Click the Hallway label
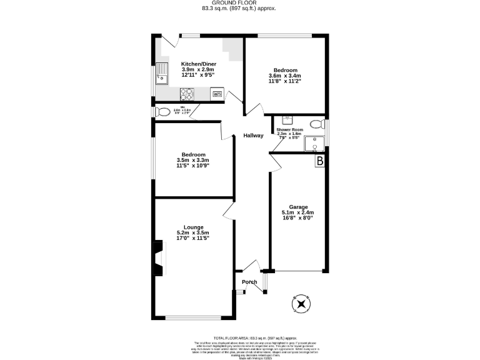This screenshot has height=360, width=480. point(253,136)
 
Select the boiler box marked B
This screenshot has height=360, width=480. point(320,161)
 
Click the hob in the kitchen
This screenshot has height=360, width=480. point(187,94)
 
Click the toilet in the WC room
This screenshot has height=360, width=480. point(163,112)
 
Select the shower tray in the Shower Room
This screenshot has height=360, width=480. point(314,143)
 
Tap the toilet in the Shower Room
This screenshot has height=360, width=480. point(317,122)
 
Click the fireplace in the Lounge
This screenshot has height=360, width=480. point(158,259)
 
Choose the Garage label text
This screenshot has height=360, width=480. point(297,207)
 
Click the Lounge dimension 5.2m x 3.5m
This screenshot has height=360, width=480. point(192,233)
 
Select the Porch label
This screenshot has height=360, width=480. point(249,282)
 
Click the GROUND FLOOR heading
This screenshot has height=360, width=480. point(239,3)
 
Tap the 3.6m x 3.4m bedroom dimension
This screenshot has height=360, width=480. point(285,76)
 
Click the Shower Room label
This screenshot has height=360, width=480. point(289,129)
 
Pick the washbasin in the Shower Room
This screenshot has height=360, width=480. point(287,118)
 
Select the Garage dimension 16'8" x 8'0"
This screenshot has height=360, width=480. point(297,218)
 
